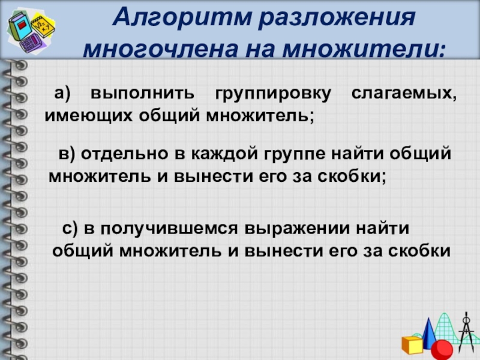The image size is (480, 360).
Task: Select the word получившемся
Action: [x=171, y=229]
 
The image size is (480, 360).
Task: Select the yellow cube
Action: [x=412, y=345]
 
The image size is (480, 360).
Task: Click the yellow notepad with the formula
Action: [x=44, y=24]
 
